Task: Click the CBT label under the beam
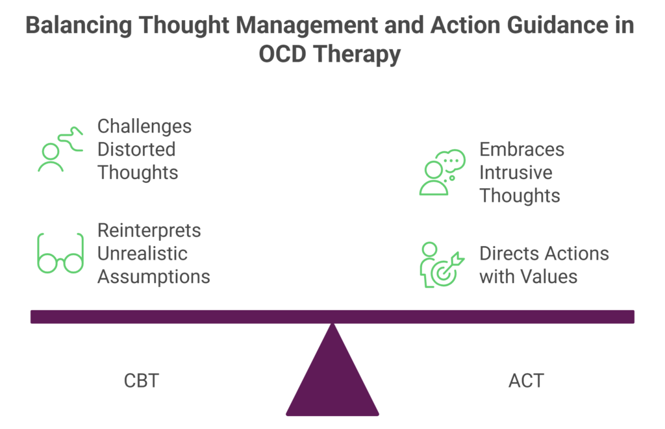coord(141,380)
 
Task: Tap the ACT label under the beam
coord(526,380)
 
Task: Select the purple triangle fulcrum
coord(332,376)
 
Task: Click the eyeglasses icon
coord(60,253)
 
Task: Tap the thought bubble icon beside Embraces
coord(442,173)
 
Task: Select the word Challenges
coord(144,126)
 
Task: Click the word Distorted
coord(136,149)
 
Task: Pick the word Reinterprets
coord(149,230)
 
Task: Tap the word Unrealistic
coord(142,253)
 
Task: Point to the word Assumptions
coord(154,276)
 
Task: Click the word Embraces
coord(521,149)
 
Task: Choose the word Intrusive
coord(516,173)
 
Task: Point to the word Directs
coord(508,253)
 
